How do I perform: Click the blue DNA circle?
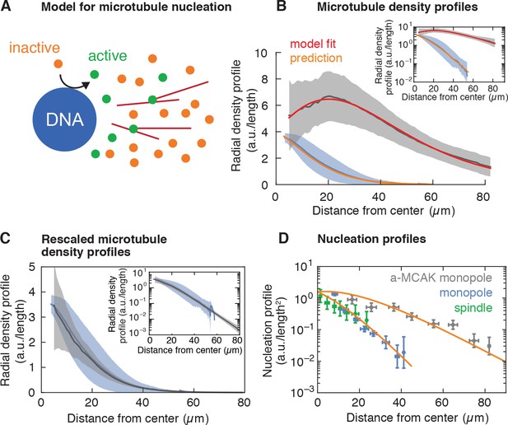[65, 119]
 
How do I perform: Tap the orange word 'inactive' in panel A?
[35, 48]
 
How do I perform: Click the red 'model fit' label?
[313, 44]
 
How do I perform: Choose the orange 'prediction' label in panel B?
[316, 58]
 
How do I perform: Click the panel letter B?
[282, 6]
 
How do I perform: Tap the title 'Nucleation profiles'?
[371, 239]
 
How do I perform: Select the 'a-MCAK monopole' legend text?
[441, 278]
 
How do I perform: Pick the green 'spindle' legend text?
[473, 307]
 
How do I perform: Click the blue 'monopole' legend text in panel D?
[466, 292]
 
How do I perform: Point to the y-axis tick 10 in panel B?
[263, 54]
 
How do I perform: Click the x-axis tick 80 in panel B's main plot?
[483, 197]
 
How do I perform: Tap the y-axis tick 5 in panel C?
[32, 267]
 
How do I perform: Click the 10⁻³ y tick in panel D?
[302, 390]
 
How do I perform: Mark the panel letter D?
[283, 239]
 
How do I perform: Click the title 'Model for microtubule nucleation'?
[137, 7]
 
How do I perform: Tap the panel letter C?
[6, 239]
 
